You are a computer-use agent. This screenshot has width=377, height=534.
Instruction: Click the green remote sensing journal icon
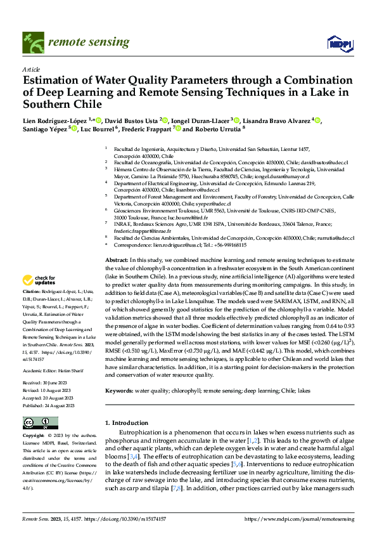click(x=33, y=42)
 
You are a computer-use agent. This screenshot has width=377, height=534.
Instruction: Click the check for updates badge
click(x=39, y=280)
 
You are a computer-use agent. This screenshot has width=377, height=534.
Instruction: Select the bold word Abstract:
click(x=117, y=261)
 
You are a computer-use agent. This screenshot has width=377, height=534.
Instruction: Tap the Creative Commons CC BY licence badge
click(x=40, y=422)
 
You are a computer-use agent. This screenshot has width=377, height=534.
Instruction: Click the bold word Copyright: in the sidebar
click(x=35, y=436)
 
